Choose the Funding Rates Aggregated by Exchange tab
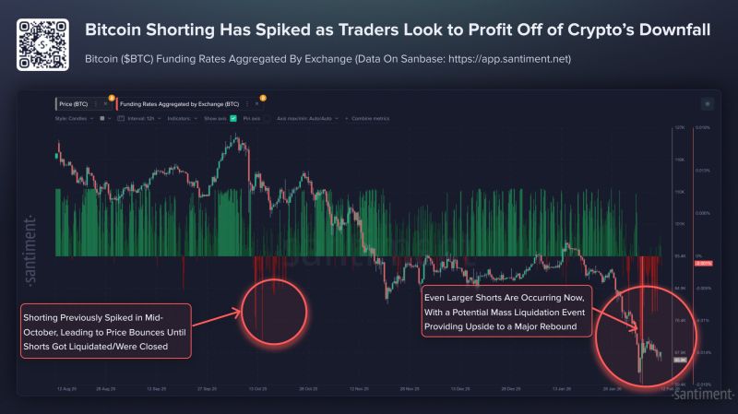[x=185, y=104]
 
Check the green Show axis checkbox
[x=233, y=119]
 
